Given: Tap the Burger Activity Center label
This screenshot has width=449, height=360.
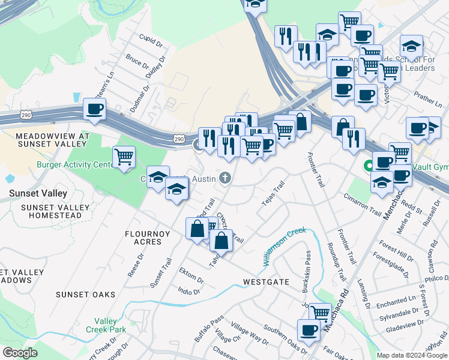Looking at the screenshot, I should point(75,164).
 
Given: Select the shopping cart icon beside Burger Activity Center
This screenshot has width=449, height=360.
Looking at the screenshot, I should point(124,157).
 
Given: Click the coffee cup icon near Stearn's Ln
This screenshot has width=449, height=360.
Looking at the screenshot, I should point(95,109).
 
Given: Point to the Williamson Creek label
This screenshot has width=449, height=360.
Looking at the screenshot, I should point(284,246).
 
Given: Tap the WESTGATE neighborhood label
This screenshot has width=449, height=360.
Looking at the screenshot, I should point(266,281).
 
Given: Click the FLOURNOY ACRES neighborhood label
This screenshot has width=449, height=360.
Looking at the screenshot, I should point(143,237).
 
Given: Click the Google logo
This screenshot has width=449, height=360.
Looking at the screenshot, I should point(20,353).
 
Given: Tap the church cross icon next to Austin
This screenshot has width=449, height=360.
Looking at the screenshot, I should point(225,178).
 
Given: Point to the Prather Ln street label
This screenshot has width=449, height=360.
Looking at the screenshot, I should point(427,95).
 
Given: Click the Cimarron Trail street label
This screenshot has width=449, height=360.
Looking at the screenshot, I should point(363,204).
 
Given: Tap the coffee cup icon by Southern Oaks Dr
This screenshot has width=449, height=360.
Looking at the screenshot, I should point(309,330).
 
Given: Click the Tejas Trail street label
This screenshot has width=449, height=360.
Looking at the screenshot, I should point(272,195).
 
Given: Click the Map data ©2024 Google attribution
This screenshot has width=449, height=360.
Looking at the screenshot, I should point(412,355).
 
